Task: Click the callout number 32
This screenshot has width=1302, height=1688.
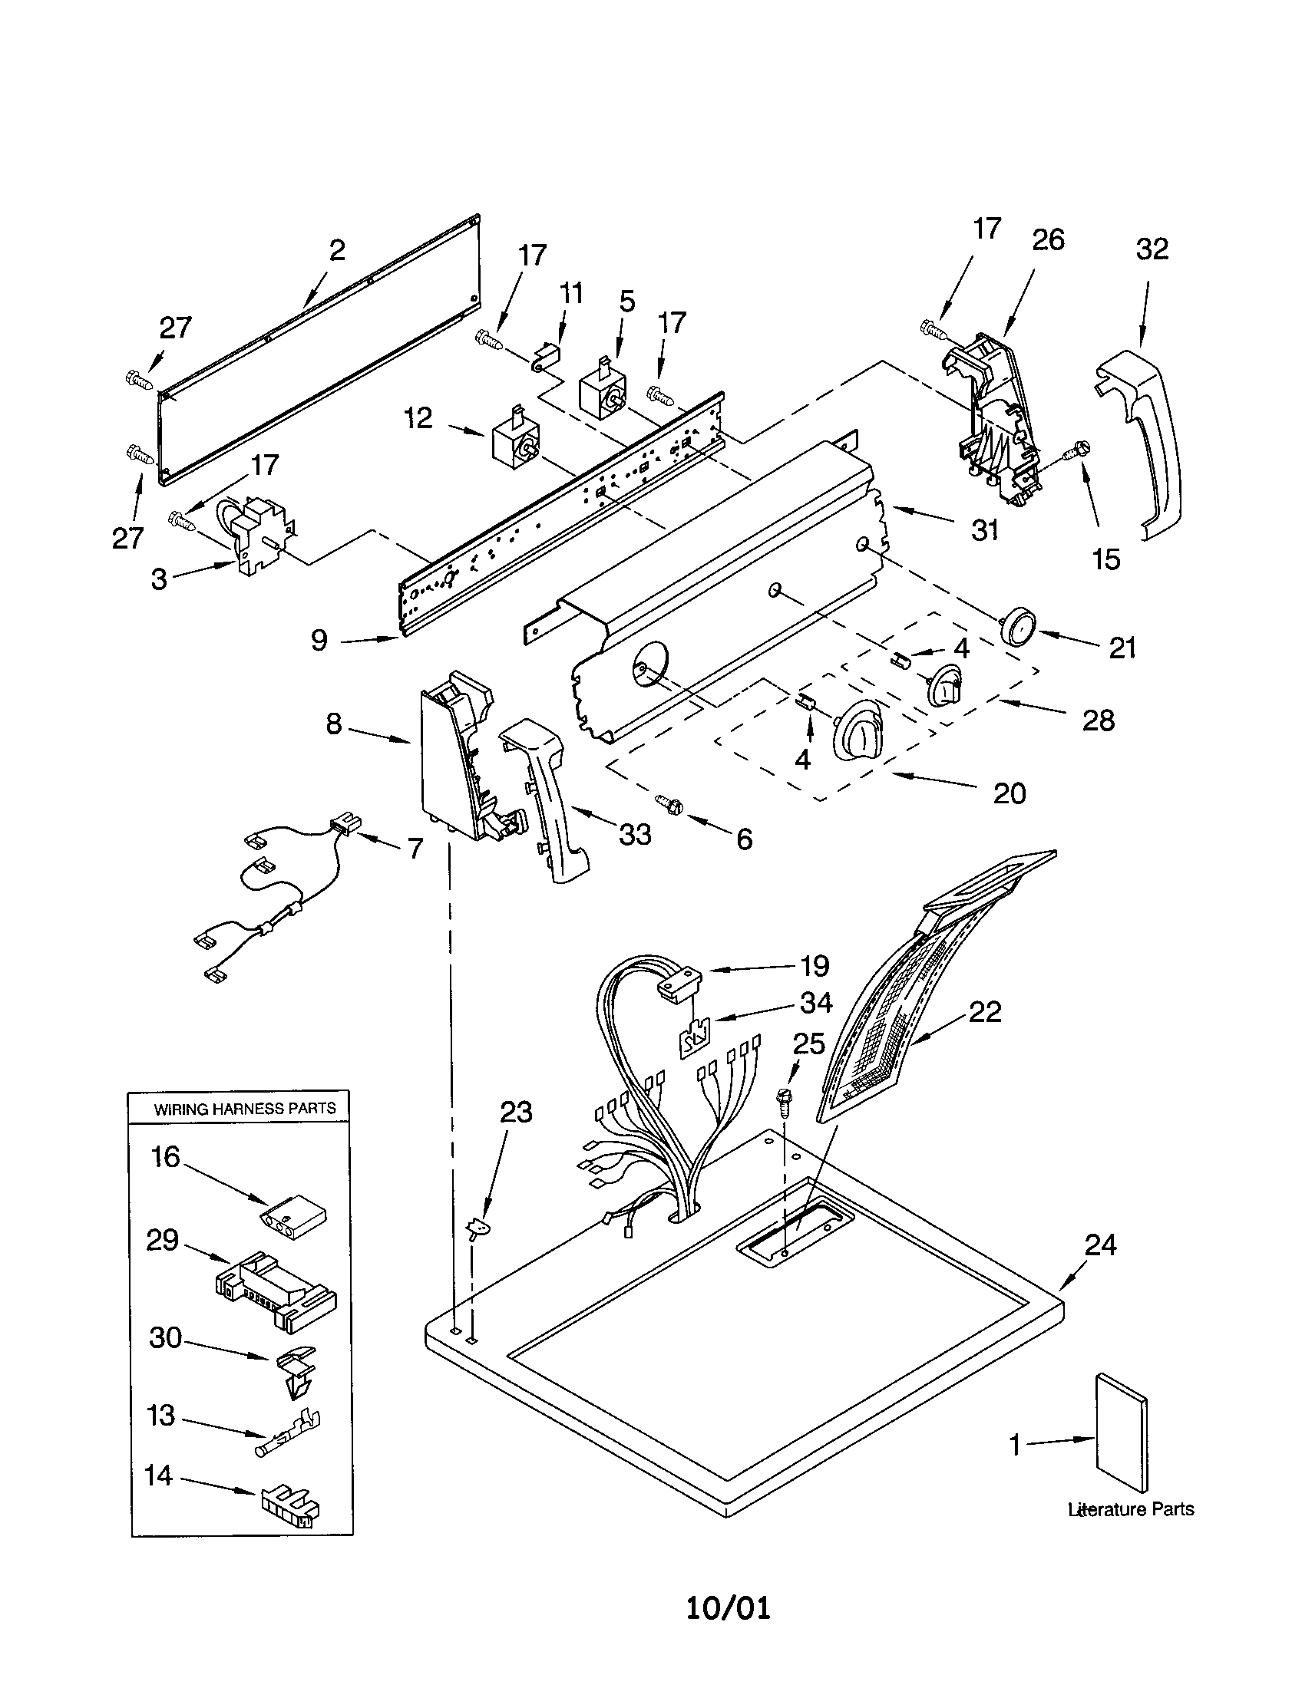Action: [x=1152, y=249]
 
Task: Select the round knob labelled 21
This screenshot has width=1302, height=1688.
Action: [x=1016, y=625]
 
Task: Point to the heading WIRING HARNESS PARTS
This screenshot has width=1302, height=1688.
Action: [x=244, y=1109]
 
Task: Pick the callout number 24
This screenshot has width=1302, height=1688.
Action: [x=1100, y=1245]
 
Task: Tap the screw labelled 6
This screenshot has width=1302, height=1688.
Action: [x=669, y=804]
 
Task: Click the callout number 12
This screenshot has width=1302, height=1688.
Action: [x=418, y=418]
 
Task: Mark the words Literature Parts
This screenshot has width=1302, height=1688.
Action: [x=1130, y=1509]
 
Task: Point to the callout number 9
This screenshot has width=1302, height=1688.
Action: [x=319, y=640]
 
